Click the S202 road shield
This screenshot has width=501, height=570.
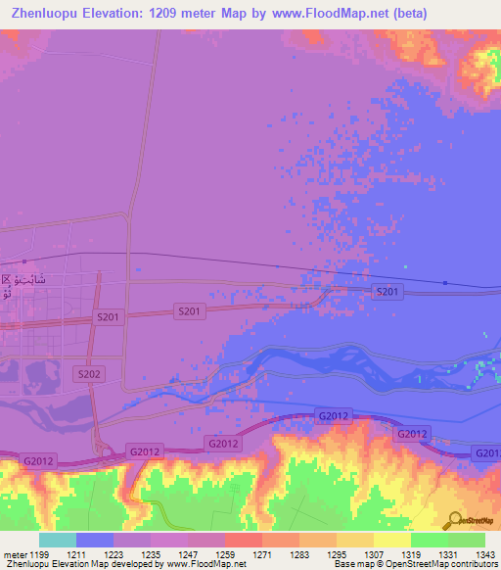(89, 374)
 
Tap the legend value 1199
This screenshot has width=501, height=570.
(39, 553)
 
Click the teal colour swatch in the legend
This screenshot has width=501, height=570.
(58, 539)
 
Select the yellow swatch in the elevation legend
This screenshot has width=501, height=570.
(392, 539)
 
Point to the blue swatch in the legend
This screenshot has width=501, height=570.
(95, 539)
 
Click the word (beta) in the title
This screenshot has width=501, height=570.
(472, 15)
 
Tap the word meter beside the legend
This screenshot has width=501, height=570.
(14, 553)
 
